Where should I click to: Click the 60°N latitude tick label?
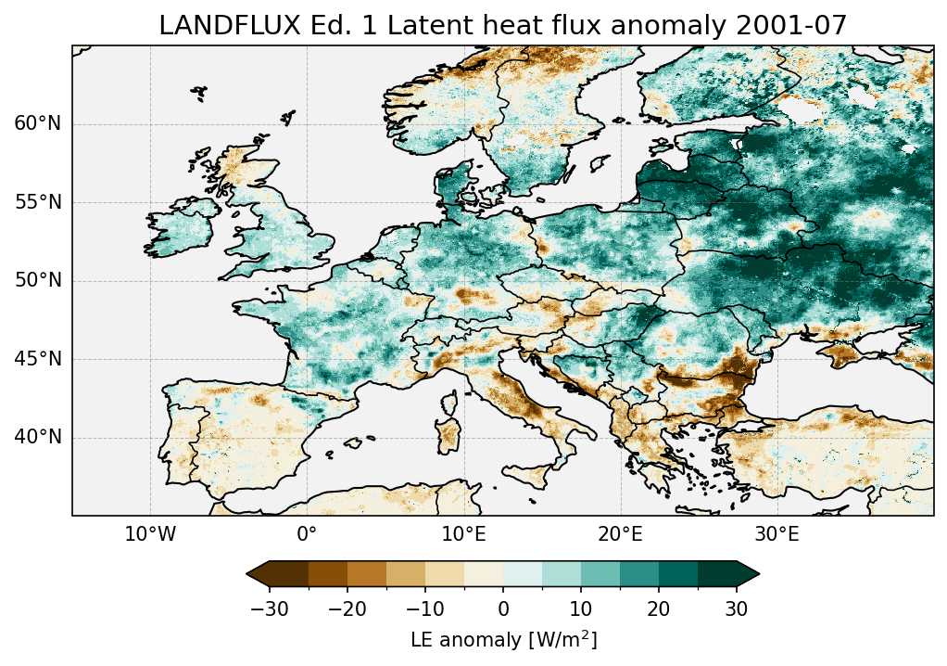click(x=37, y=124)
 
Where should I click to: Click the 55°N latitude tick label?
click(x=37, y=202)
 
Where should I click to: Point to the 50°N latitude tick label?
click(x=37, y=280)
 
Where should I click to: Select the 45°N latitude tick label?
click(x=37, y=359)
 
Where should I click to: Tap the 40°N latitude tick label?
click(x=37, y=437)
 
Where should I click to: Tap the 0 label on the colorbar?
click(x=503, y=609)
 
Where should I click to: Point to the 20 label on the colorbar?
click(x=659, y=609)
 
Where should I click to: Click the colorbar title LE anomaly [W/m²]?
click(x=503, y=640)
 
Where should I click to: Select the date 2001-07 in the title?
click(x=804, y=26)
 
